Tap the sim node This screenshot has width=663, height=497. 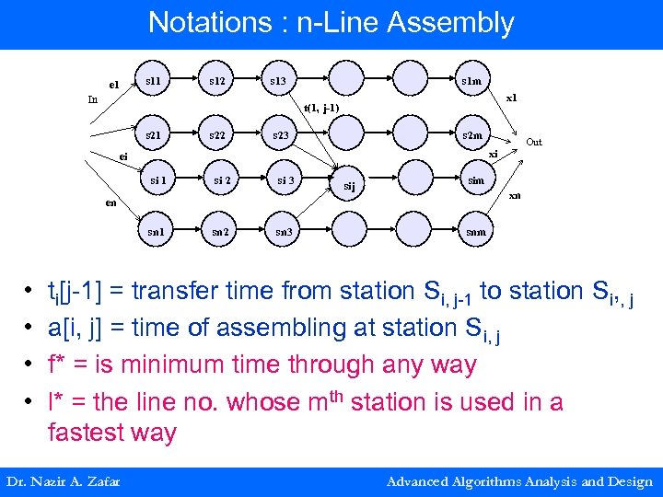475,180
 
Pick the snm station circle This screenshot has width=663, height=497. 475,230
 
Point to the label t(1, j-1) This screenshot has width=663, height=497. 321,108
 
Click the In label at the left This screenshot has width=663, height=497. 93,99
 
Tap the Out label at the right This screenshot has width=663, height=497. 534,142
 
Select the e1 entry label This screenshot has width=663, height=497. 113,85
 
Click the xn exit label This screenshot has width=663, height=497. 515,195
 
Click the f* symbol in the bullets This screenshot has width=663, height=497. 57,364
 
